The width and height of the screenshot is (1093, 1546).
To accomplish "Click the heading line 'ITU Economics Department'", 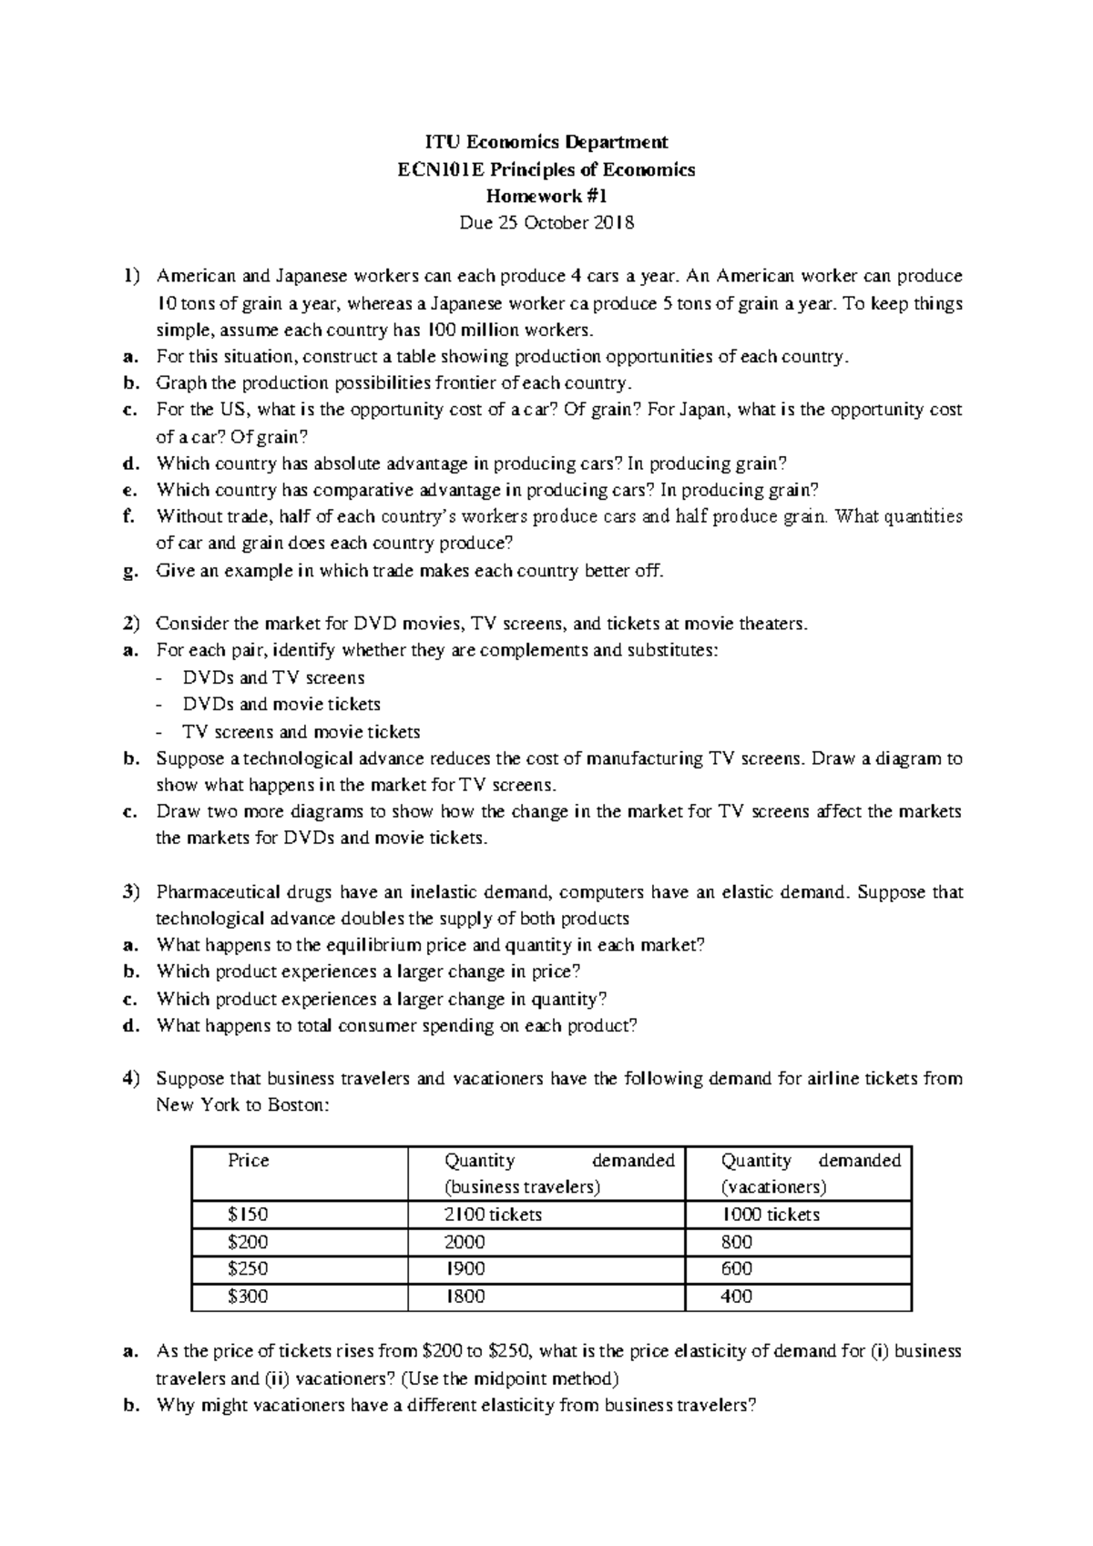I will point(546,142).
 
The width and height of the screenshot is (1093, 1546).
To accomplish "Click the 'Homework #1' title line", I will point(546,196).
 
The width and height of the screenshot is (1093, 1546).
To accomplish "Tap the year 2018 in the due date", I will point(613,223).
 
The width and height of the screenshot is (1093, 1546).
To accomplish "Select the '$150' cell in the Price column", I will point(248,1215).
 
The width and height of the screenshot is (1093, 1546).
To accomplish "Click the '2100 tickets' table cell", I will point(493,1215).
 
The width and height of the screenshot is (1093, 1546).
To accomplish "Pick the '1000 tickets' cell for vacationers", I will point(771,1215).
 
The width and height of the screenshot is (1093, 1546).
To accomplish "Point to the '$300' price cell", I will point(248,1296).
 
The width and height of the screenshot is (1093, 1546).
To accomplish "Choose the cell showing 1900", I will point(465,1268).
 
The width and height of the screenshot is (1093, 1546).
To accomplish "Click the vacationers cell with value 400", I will point(736,1296).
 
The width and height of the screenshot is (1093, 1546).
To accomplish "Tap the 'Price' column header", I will point(249,1161).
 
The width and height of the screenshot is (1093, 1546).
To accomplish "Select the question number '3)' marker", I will point(132,892).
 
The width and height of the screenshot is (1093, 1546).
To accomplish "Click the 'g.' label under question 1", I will point(131,572).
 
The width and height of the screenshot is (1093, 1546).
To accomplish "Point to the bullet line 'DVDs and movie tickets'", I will point(281,705).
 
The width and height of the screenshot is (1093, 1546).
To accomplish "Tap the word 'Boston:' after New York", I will point(296,1106).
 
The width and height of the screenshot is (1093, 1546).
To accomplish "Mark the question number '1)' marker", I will point(132,276).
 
